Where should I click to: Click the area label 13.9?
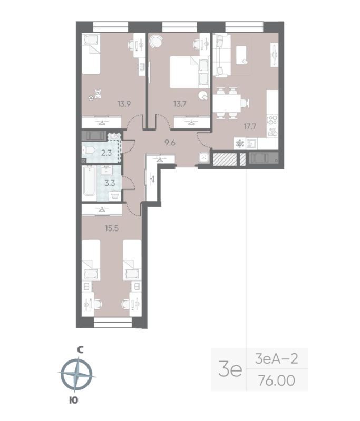pyautogui.click(x=124, y=104)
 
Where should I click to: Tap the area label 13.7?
pyautogui.click(x=180, y=104)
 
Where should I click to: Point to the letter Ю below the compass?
pyautogui.click(x=74, y=400)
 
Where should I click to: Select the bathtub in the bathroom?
pyautogui.click(x=89, y=183)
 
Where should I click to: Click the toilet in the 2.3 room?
pyautogui.click(x=90, y=153)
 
